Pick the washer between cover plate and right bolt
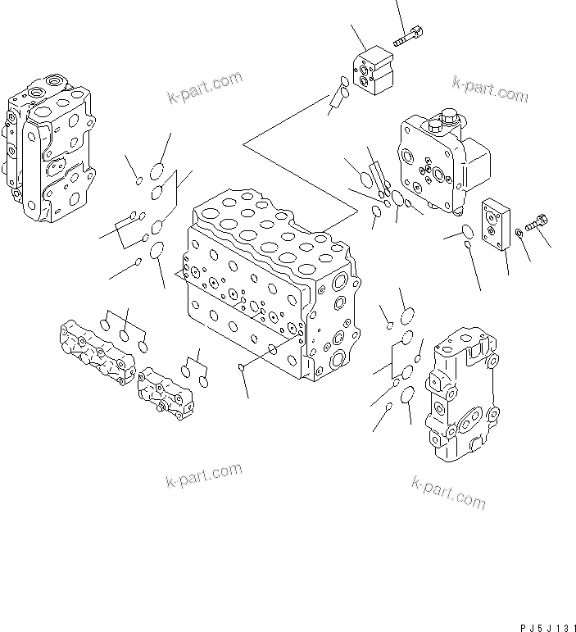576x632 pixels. click(x=518, y=237)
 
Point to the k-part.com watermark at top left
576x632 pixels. click(x=204, y=88)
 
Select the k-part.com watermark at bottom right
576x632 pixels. click(x=448, y=491)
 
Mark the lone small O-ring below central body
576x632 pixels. click(x=240, y=367)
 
